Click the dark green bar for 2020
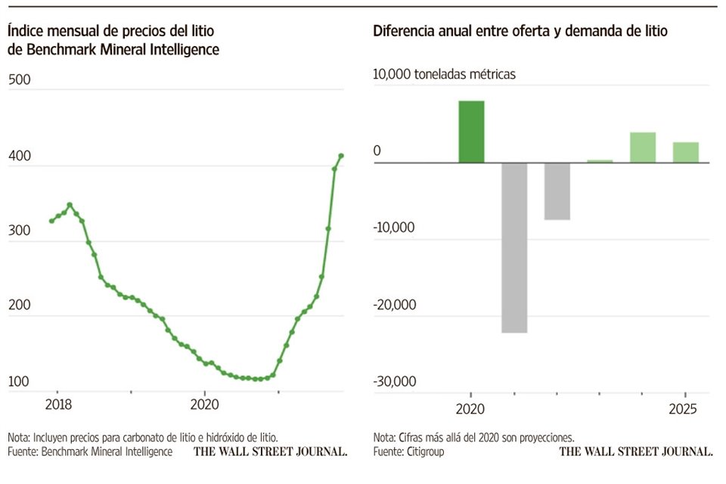(471, 132)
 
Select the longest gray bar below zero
(514, 247)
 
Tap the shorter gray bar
(557, 191)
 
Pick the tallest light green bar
(643, 147)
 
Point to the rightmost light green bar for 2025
(686, 152)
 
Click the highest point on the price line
(341, 156)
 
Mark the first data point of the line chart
(51, 221)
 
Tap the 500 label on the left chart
(18, 80)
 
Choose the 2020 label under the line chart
(204, 405)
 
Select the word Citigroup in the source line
(424, 451)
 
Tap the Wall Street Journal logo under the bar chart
(636, 451)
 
